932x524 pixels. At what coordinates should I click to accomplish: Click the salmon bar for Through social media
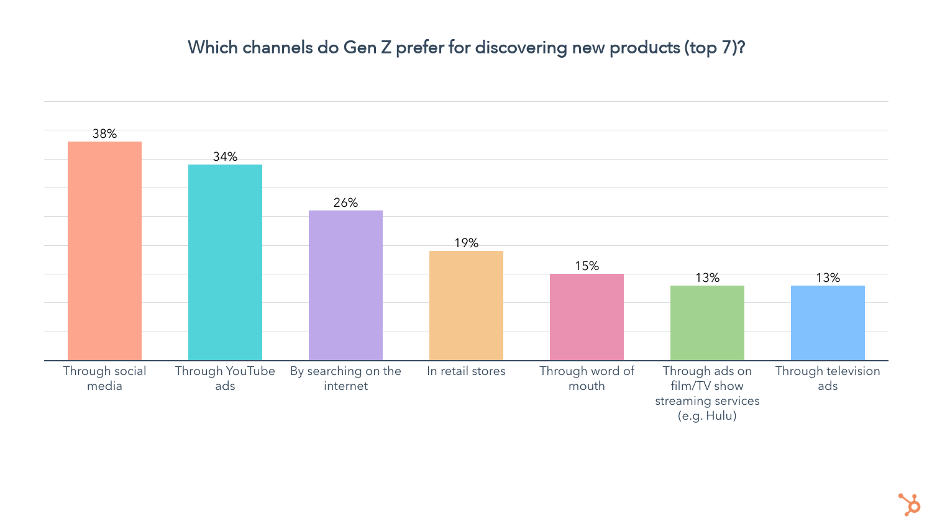click(x=104, y=251)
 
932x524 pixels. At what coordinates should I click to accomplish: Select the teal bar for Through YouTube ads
click(x=225, y=262)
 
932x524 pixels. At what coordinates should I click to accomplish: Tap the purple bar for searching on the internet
click(x=345, y=285)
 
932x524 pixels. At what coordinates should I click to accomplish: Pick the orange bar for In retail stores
click(x=466, y=305)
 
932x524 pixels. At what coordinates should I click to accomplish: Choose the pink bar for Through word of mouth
click(x=587, y=317)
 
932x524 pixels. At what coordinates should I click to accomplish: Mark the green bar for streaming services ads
click(x=707, y=323)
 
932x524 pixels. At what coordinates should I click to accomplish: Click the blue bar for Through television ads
click(x=828, y=323)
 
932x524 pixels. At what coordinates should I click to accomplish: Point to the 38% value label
click(x=104, y=133)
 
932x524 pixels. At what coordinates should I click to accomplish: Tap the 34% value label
click(x=225, y=156)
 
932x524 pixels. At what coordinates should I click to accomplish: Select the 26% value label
click(x=345, y=202)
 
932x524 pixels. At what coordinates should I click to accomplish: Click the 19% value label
click(x=466, y=243)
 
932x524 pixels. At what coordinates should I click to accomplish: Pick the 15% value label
click(x=587, y=266)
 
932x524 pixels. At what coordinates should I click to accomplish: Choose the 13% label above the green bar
click(x=707, y=278)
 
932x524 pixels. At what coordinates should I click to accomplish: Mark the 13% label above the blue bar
click(x=828, y=278)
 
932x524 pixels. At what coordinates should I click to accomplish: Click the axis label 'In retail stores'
click(x=466, y=371)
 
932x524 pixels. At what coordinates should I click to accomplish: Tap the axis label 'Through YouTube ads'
click(x=225, y=378)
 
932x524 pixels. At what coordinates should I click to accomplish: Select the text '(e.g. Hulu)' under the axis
click(x=707, y=416)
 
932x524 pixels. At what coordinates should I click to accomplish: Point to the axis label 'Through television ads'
click(x=828, y=378)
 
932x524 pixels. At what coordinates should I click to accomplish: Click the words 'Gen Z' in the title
click(x=367, y=48)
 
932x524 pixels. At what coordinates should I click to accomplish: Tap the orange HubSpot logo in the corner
click(x=910, y=504)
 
